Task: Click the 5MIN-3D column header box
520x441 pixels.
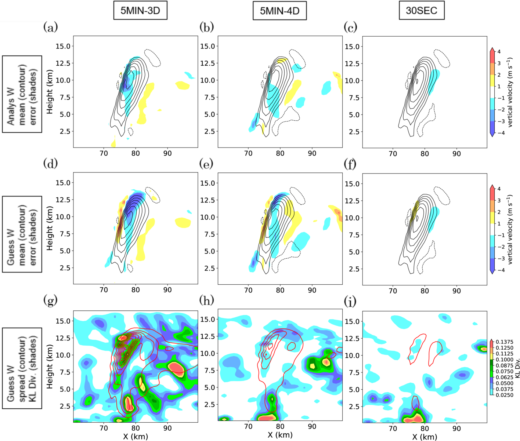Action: (x=140, y=11)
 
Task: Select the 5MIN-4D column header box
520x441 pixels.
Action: (x=279, y=11)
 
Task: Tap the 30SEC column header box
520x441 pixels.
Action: (x=421, y=11)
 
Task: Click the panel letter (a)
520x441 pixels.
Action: (x=51, y=27)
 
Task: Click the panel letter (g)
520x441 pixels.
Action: (x=50, y=300)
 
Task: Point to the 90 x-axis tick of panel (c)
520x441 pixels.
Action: (x=456, y=154)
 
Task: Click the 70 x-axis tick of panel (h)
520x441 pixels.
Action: (x=248, y=426)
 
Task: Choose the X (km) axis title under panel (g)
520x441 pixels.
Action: (x=136, y=436)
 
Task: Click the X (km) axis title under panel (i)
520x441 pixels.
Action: (x=425, y=437)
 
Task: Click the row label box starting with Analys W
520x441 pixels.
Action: (x=22, y=94)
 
